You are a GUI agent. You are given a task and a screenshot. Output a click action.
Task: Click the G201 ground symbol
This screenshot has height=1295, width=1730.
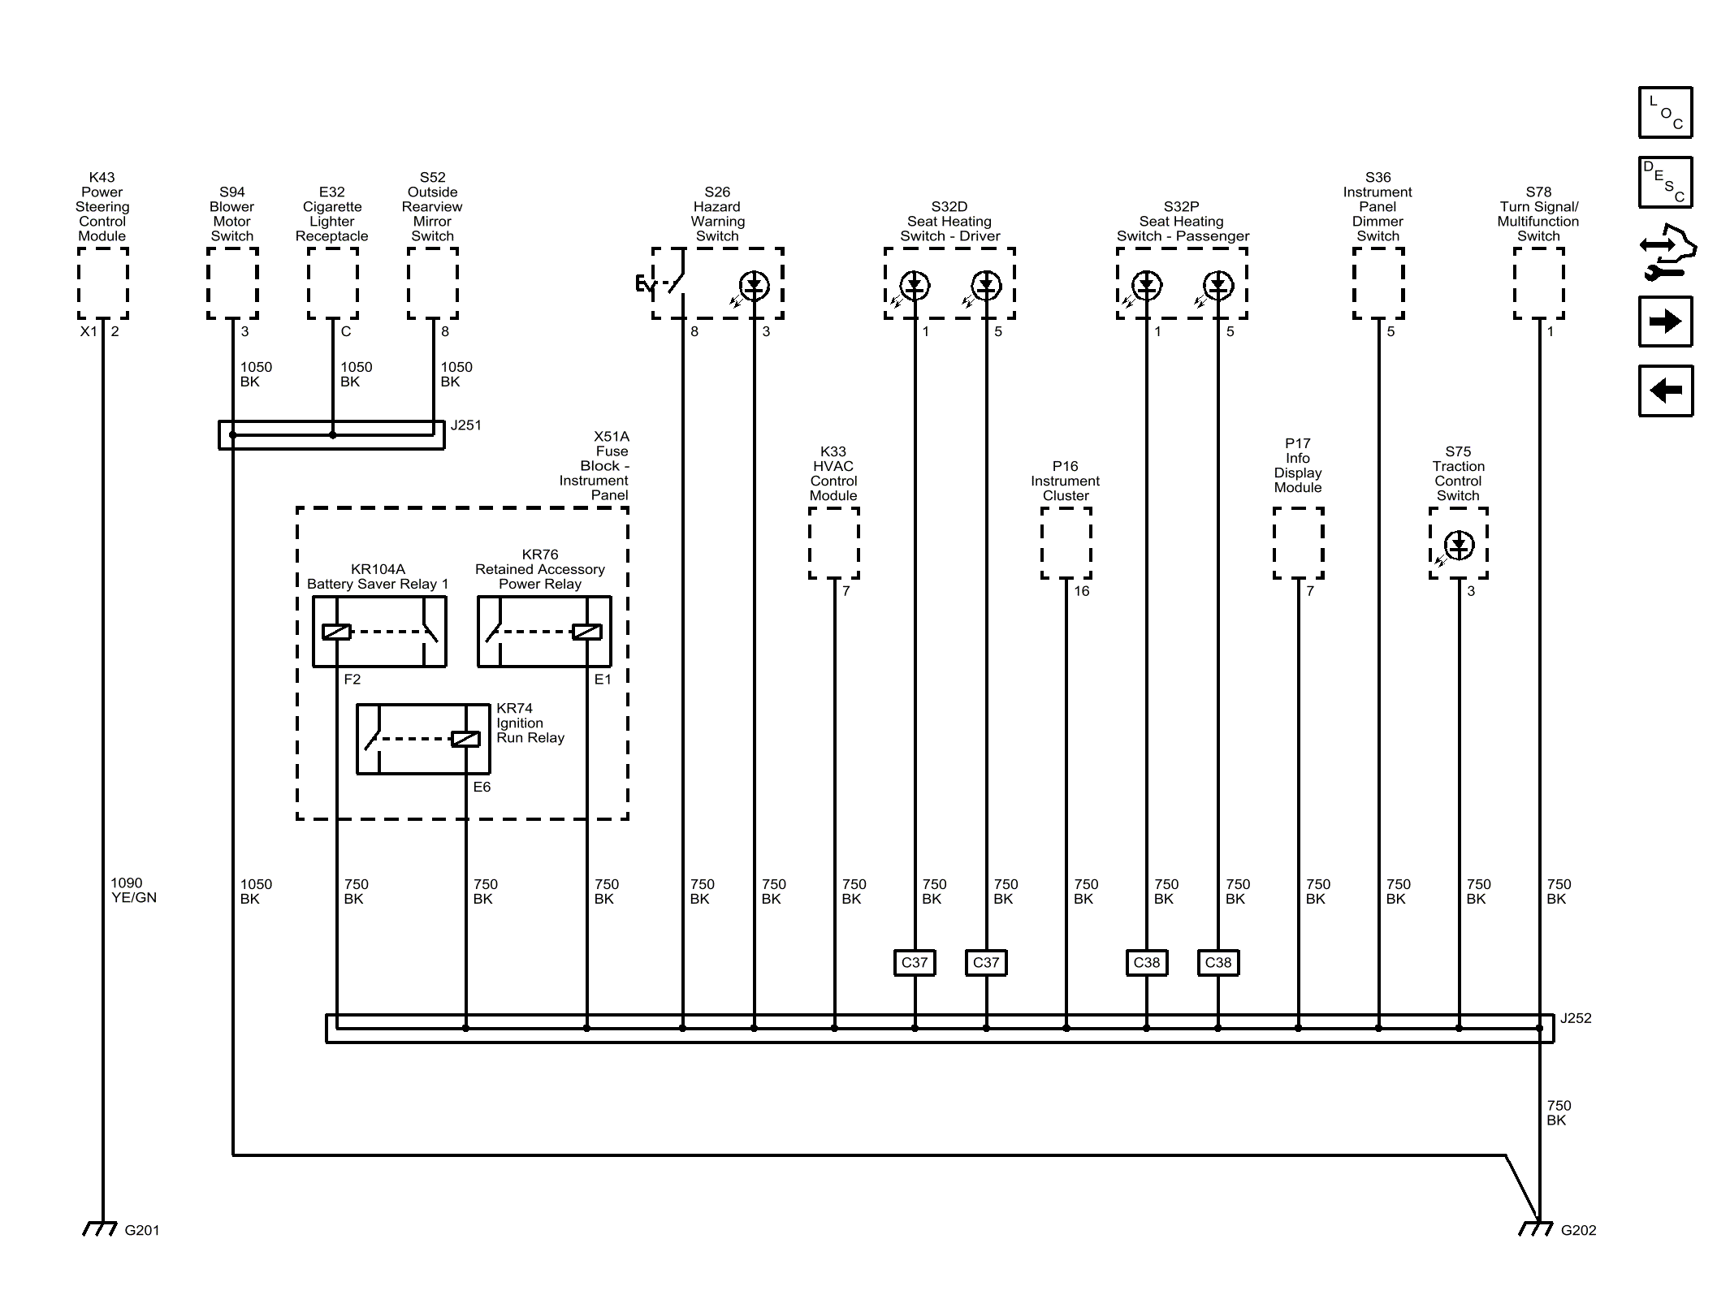click(x=101, y=1228)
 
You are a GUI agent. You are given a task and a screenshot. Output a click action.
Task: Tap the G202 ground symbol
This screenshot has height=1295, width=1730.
click(x=1536, y=1228)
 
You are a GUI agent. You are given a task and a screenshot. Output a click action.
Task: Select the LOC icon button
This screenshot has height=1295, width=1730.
click(x=1665, y=112)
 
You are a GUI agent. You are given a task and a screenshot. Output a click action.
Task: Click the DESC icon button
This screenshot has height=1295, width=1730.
click(x=1665, y=182)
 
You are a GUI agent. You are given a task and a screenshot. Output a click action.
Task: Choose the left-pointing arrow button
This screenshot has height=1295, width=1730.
click(x=1665, y=391)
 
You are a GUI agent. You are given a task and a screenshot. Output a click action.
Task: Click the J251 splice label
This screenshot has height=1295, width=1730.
click(x=466, y=425)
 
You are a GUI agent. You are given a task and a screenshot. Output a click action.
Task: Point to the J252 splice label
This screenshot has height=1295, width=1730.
click(x=1576, y=1017)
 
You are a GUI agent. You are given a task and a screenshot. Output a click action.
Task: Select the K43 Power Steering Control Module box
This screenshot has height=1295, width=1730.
click(x=103, y=283)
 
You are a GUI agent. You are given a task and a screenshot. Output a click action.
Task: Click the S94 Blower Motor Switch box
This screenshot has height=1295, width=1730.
click(x=232, y=283)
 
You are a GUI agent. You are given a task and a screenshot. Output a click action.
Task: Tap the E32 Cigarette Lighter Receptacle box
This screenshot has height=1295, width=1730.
click(x=333, y=283)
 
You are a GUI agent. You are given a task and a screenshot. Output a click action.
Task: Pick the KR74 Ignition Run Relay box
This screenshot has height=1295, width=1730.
click(x=423, y=739)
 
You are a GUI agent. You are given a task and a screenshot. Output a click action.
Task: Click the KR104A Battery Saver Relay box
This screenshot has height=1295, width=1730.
click(x=379, y=632)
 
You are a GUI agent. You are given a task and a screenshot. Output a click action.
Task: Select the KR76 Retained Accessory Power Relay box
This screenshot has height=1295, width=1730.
click(x=544, y=632)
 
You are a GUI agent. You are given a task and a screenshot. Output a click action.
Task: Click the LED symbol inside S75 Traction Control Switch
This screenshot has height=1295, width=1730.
click(x=1459, y=545)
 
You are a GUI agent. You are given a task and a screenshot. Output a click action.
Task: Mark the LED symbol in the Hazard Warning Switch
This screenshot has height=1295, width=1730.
click(x=755, y=285)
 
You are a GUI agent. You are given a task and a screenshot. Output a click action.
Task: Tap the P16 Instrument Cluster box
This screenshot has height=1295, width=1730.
click(x=1066, y=543)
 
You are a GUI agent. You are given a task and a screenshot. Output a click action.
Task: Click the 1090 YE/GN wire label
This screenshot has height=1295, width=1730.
click(x=134, y=890)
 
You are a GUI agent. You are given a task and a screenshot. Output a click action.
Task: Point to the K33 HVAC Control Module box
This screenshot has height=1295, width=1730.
click(x=834, y=543)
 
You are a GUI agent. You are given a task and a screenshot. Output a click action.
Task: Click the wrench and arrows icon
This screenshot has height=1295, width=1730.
click(x=1667, y=252)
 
